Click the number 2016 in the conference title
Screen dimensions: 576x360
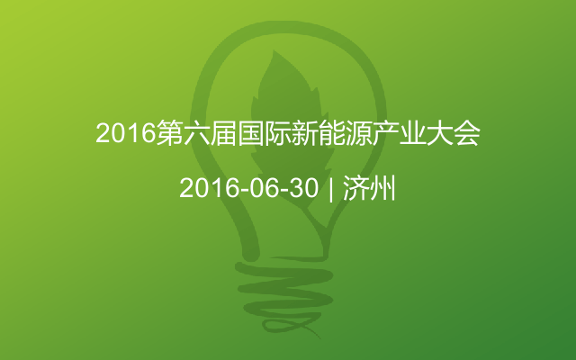tap(126, 133)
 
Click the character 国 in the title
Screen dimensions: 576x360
tap(250, 133)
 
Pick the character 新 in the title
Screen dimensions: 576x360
tap(304, 133)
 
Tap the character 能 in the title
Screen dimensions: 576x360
tap(332, 133)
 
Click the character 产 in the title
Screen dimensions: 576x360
tap(386, 133)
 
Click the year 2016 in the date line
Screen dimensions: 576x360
tap(209, 188)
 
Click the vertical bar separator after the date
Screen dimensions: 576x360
tap(331, 189)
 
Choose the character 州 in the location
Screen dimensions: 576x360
tap(382, 188)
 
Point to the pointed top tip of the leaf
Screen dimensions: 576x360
tap(274, 50)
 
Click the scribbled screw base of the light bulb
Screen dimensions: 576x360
tap(283, 294)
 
